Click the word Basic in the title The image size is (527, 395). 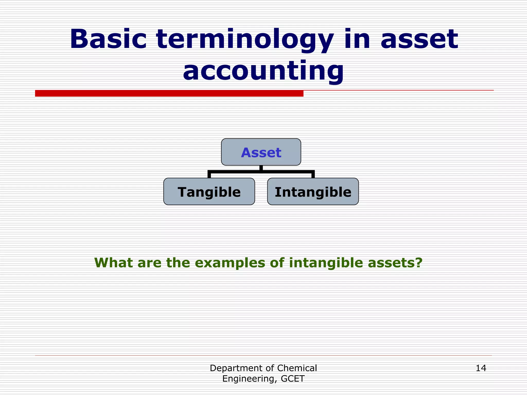point(108,39)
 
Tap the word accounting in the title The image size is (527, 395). point(263,71)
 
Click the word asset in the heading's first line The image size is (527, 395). point(419,39)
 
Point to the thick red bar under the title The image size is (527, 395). point(169,93)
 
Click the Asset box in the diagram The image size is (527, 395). point(261,152)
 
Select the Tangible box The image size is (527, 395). point(209,192)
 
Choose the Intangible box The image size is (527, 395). point(313,192)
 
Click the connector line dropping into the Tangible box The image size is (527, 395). point(209,175)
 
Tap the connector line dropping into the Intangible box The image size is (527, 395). point(313,175)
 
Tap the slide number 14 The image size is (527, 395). point(481,368)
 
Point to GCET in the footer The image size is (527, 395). point(293,379)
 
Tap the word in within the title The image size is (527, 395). point(357,39)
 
